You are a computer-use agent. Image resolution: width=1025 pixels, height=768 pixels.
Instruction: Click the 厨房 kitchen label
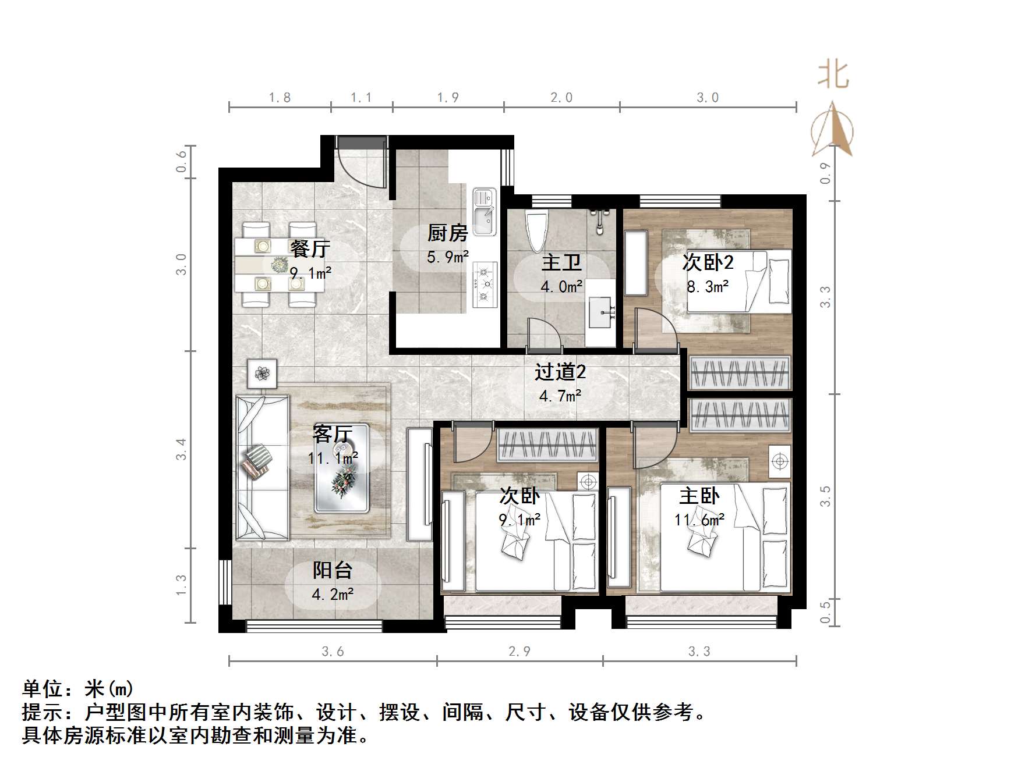point(447,233)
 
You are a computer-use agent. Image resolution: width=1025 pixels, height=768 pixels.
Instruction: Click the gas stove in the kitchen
point(485,285)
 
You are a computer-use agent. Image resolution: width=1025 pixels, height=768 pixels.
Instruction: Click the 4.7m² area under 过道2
point(560,397)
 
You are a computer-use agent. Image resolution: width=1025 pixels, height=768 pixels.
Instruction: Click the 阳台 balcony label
point(332,570)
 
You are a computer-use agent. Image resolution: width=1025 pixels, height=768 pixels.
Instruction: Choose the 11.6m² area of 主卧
point(699,520)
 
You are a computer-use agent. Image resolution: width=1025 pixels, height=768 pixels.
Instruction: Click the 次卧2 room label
point(708,263)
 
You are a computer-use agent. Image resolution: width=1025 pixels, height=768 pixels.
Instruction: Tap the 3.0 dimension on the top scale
point(708,98)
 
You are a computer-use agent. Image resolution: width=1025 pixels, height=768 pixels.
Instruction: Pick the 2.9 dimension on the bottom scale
point(519,652)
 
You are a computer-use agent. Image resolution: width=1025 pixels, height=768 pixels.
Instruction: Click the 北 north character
point(833,76)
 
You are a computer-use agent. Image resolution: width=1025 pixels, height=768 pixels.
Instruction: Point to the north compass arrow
point(833,131)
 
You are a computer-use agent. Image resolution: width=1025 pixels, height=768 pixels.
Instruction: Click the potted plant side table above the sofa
point(262,373)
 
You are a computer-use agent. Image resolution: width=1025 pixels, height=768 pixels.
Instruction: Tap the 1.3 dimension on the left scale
point(181,585)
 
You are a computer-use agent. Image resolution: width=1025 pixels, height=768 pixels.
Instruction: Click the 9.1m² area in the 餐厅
point(310,272)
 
